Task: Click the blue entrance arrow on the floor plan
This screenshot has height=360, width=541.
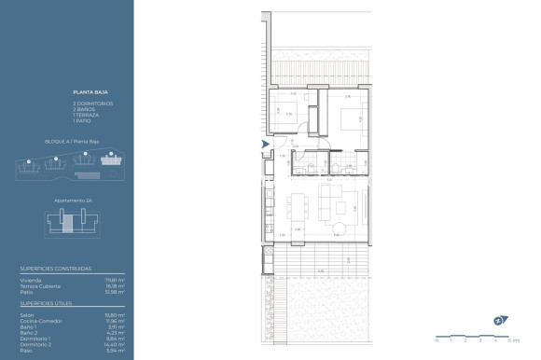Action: click(x=266, y=144)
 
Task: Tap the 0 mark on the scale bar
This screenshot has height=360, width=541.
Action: click(x=440, y=340)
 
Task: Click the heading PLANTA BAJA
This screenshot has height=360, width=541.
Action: click(x=88, y=92)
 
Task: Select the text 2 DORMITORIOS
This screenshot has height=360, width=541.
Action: click(x=91, y=102)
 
